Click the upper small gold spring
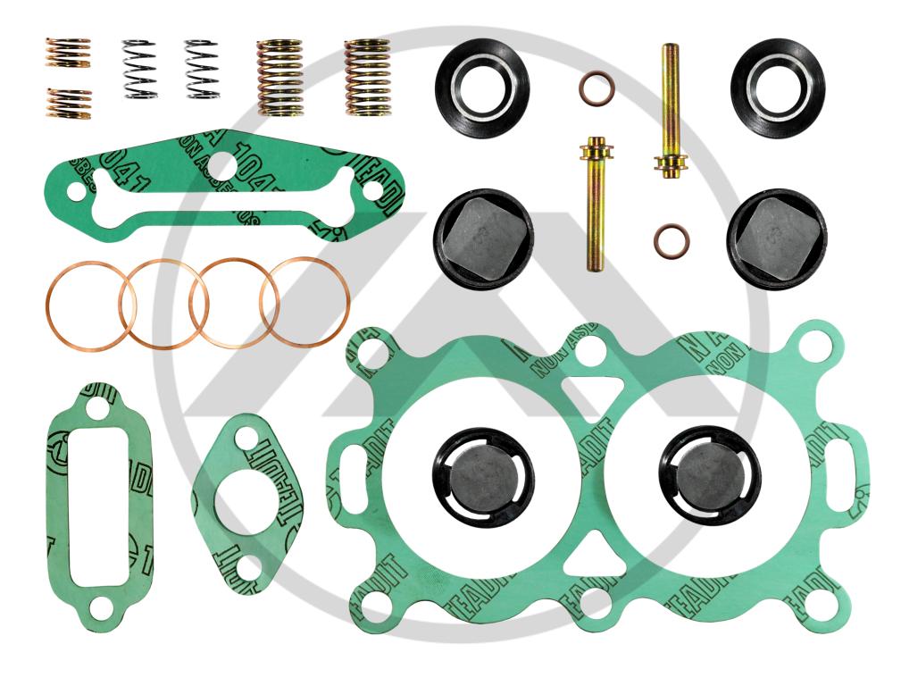point(68,53)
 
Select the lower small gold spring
point(68,104)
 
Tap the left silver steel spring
point(139,68)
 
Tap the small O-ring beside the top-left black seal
point(596,88)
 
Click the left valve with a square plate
point(484,238)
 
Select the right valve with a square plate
point(776,238)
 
